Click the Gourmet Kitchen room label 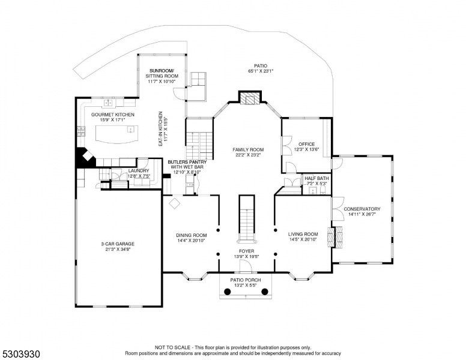click(113, 115)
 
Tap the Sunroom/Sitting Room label click(163, 74)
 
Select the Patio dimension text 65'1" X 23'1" click(261, 71)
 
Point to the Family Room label click(249, 149)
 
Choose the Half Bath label click(316, 178)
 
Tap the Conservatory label click(362, 209)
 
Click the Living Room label click(303, 235)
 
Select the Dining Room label click(191, 235)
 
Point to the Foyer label click(247, 251)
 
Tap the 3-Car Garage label click(117, 244)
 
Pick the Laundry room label click(139, 171)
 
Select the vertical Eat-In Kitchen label click(160, 128)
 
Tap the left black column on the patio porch click(228, 292)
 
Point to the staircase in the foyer click(247, 217)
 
